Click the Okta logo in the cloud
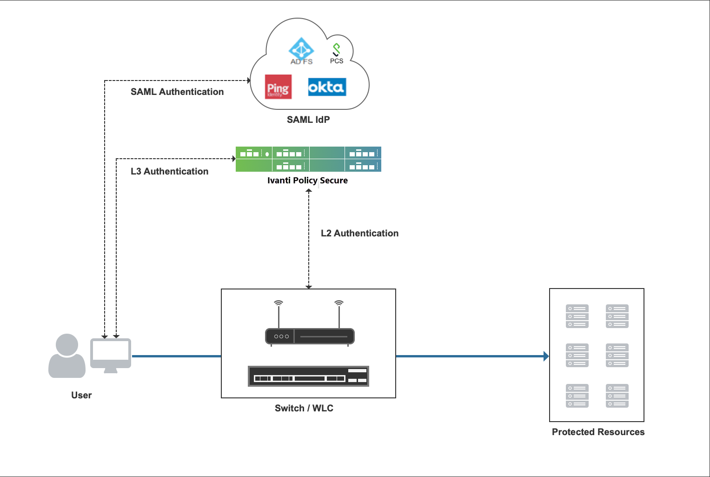[x=327, y=87]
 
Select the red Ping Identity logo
[x=278, y=87]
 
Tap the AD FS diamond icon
[x=301, y=48]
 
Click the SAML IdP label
[x=308, y=120]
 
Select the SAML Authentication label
[x=177, y=92]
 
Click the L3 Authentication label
[x=169, y=171]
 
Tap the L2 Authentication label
[x=359, y=233]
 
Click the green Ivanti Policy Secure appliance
[x=308, y=159]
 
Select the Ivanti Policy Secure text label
[x=307, y=181]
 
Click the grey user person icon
[x=67, y=356]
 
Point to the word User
[x=81, y=395]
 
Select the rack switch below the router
[x=308, y=376]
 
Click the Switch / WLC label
[x=304, y=408]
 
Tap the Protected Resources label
[x=598, y=432]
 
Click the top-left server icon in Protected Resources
[x=577, y=316]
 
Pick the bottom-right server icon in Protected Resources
[x=617, y=396]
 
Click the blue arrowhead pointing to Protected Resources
[x=546, y=356]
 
